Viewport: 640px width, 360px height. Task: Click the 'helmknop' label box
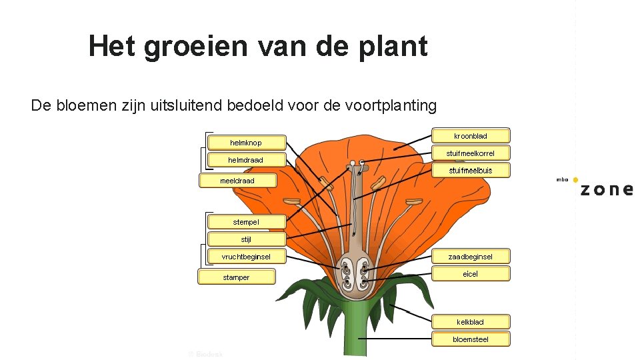[x=246, y=143]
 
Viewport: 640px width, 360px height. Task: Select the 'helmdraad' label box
[x=246, y=160]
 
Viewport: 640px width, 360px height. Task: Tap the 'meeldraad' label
[x=237, y=181]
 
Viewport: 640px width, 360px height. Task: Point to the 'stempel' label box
[x=246, y=221]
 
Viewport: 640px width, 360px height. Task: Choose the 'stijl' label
[x=246, y=239]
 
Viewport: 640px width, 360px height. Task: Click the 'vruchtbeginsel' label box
[x=246, y=256]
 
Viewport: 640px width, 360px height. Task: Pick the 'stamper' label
[x=236, y=277]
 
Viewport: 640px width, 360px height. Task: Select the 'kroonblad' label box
[x=471, y=136]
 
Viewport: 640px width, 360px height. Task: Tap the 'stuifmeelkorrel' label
[x=471, y=153]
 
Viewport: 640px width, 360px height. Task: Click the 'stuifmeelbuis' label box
[x=471, y=171]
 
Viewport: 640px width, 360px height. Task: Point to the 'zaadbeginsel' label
[x=471, y=256]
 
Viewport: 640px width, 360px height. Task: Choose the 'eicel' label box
[x=471, y=273]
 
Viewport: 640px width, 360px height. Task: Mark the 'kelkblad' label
[x=471, y=322]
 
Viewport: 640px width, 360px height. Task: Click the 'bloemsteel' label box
[x=471, y=339]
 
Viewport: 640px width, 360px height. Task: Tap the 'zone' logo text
[x=606, y=189]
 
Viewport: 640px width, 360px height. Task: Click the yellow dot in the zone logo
[x=575, y=180]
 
